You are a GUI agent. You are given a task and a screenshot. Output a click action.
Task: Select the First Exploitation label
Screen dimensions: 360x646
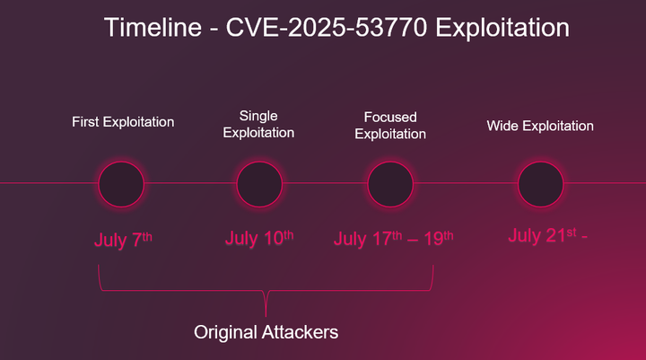tap(123, 121)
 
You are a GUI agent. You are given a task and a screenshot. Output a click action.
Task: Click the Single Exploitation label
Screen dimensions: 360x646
tap(258, 124)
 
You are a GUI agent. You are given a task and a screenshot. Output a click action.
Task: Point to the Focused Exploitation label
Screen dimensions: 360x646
tap(390, 126)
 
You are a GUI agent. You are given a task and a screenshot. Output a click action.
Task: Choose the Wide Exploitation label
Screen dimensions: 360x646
tap(540, 126)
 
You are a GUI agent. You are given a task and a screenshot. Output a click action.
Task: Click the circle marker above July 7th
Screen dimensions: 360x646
tap(121, 184)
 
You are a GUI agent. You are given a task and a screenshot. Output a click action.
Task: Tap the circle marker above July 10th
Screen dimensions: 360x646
tap(260, 184)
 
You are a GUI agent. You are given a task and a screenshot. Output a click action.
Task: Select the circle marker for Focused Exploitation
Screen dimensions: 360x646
tap(390, 184)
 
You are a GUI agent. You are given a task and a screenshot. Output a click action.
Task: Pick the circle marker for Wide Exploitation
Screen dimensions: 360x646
tap(540, 184)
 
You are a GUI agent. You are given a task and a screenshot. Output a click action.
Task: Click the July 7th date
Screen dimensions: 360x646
tap(123, 240)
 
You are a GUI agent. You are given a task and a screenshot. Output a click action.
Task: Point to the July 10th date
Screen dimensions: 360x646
tap(259, 238)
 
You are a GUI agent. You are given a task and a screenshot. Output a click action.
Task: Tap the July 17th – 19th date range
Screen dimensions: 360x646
tap(393, 239)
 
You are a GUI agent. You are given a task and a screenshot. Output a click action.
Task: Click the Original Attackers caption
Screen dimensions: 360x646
tap(266, 332)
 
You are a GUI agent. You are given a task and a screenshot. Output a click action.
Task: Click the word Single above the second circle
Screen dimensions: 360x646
tap(258, 116)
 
